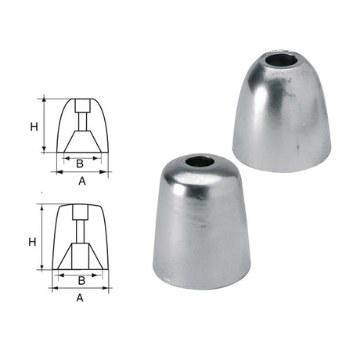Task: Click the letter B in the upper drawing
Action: pos(80,164)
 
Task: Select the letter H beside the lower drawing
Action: pos(33,242)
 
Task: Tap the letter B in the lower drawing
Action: pos(81,279)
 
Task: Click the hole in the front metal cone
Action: pos(200,162)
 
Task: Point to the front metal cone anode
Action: pos(202,227)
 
